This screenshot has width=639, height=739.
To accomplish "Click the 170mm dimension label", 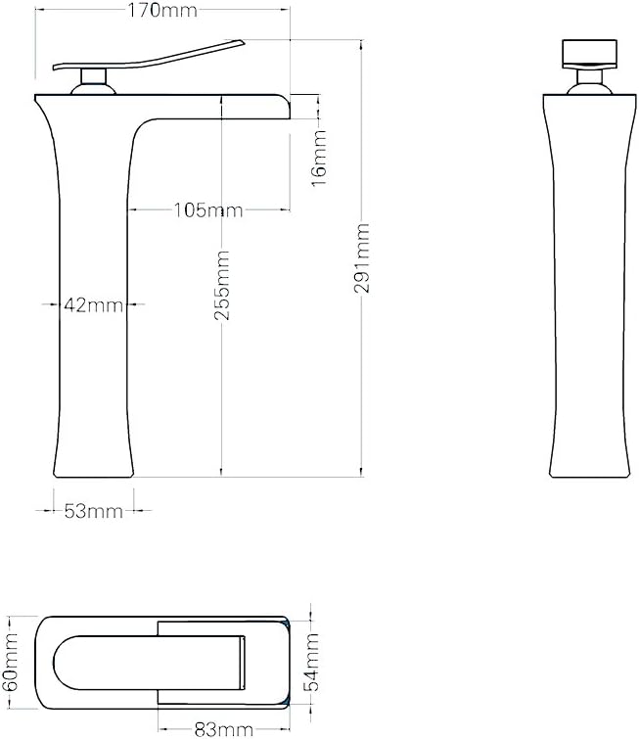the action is coord(162,10).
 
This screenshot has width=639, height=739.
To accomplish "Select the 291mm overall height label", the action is coord(362,258).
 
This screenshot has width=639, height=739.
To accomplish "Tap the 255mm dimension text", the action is coord(222,286).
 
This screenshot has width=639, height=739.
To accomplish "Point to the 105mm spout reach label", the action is coord(208,209).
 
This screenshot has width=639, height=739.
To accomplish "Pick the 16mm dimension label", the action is coord(319,158).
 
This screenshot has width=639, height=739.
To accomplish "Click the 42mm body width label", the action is coord(93,305).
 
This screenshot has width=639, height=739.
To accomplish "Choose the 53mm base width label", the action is coord(93,511).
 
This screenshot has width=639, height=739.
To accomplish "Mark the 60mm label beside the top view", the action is coord(10,663).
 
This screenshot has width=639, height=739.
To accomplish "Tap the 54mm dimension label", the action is coord(311,663).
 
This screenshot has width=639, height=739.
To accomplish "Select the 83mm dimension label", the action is coord(224,730).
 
